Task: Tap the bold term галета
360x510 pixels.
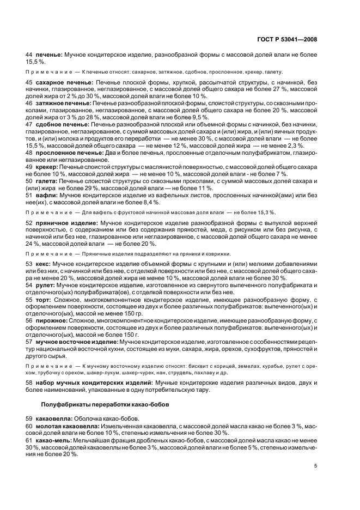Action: tap(47, 180)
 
